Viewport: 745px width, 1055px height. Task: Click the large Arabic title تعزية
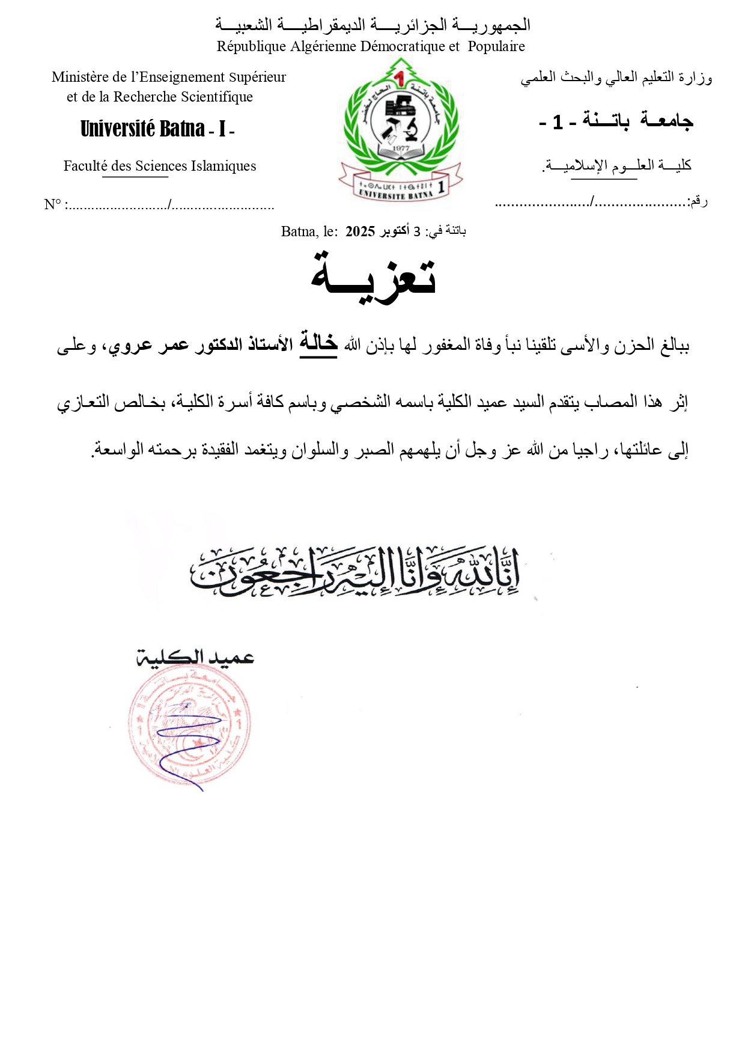tap(373, 277)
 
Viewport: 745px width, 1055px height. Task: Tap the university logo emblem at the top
tap(401, 129)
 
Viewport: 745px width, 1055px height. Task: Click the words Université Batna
tap(142, 129)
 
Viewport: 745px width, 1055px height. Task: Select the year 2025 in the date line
tap(360, 231)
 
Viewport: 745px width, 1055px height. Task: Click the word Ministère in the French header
tap(80, 77)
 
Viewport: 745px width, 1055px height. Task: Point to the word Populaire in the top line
tap(496, 46)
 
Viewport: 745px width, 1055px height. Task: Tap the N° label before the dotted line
tap(52, 204)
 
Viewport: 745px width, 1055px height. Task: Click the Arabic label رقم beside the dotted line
tap(698, 201)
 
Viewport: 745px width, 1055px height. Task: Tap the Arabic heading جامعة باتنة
tap(637, 121)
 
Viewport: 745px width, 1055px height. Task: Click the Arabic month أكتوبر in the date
tap(395, 231)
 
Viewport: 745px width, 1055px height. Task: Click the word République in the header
tap(251, 46)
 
